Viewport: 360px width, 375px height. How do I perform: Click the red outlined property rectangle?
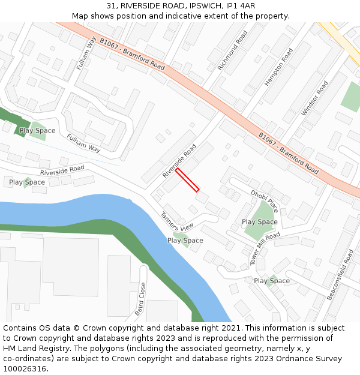pos(187,180)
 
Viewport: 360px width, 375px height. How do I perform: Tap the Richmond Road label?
pos(233,51)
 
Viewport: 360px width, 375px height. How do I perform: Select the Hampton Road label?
pos(279,67)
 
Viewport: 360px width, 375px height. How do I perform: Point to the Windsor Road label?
pos(315,98)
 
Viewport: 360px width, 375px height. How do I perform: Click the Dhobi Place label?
pos(265,201)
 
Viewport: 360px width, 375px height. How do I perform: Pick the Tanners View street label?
pos(177,221)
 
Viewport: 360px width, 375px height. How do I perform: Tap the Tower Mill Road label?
pos(265,249)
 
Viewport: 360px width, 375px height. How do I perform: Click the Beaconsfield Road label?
pos(341,275)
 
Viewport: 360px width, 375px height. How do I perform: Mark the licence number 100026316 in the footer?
pos(25,369)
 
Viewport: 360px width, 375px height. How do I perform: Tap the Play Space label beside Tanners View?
pos(185,241)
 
